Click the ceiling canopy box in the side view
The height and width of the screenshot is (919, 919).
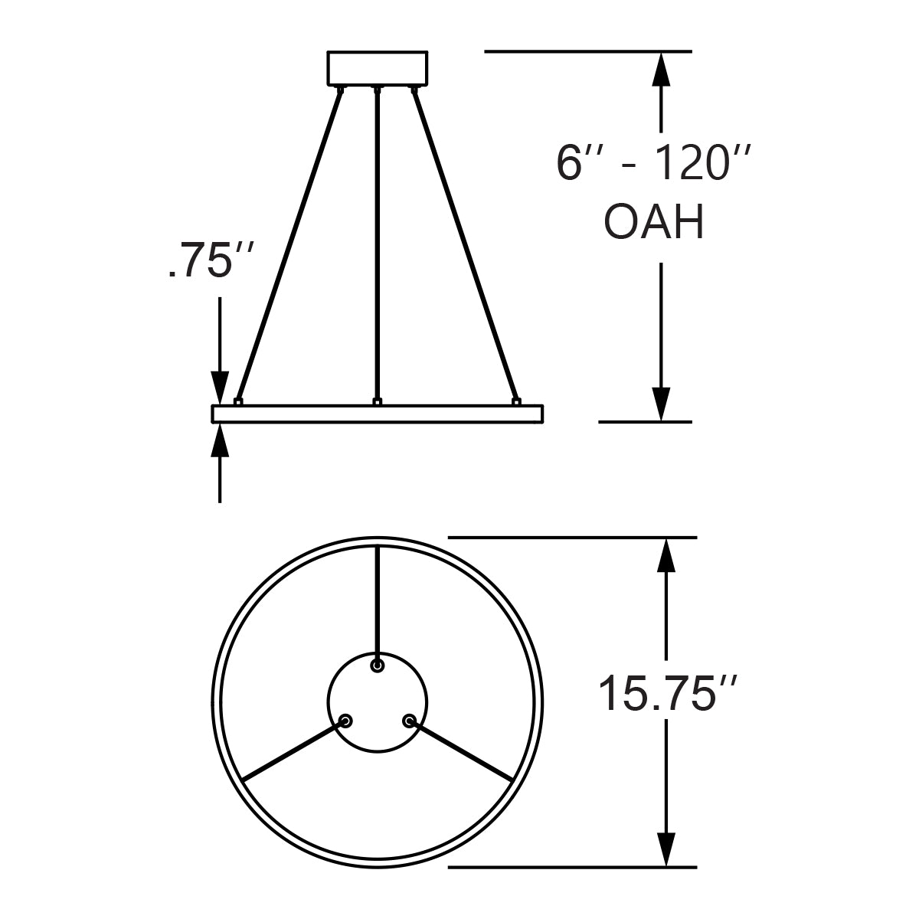(377, 68)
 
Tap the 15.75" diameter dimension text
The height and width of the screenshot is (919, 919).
(668, 693)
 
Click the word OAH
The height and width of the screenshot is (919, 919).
(654, 224)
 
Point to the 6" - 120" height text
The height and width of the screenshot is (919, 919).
(652, 163)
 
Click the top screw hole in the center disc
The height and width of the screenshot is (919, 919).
(377, 666)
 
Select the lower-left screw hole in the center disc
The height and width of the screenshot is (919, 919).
(346, 721)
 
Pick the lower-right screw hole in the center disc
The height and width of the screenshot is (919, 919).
(409, 721)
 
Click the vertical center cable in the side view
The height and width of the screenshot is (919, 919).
(377, 245)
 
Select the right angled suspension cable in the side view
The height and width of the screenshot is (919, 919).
(464, 245)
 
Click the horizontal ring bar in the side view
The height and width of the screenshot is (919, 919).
(377, 414)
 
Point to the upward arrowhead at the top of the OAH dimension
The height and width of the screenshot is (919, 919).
(661, 69)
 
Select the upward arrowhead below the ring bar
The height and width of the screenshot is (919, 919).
(221, 440)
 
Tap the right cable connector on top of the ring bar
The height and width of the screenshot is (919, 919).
(516, 401)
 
